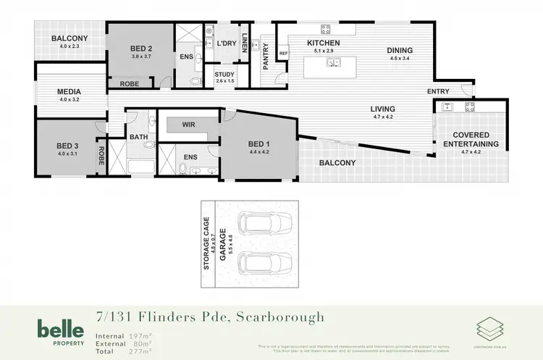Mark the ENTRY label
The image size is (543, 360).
tap(438, 91)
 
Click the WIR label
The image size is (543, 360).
tap(189, 125)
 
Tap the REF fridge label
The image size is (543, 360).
tap(283, 53)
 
